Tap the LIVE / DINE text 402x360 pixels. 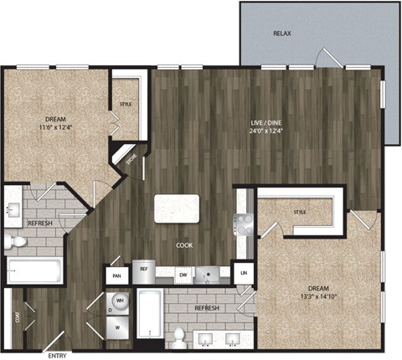(265, 122)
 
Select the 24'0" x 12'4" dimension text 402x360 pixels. (265, 131)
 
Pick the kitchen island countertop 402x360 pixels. (177, 208)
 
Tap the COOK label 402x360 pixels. (184, 245)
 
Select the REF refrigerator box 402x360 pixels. (144, 270)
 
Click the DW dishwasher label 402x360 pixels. (183, 274)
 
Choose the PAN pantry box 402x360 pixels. (116, 274)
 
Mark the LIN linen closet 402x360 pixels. (244, 274)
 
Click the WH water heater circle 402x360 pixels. (119, 300)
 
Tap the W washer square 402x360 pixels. (119, 327)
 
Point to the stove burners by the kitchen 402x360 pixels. (244, 222)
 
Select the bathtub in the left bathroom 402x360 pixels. (34, 271)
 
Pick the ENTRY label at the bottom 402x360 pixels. (57, 356)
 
